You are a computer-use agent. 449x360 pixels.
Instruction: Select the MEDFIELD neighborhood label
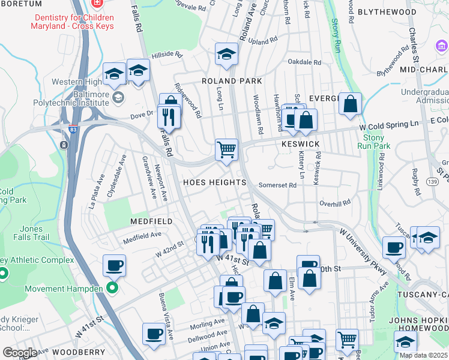pyautogui.click(x=152, y=221)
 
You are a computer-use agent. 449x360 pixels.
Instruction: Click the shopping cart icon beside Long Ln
pyautogui.click(x=226, y=149)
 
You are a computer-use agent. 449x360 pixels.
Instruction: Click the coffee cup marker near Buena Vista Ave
pyautogui.click(x=154, y=333)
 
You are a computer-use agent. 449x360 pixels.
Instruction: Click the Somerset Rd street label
pyautogui.click(x=277, y=185)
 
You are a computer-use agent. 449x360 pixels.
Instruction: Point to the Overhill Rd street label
pyautogui.click(x=334, y=203)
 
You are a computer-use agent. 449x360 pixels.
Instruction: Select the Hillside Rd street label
pyautogui.click(x=166, y=55)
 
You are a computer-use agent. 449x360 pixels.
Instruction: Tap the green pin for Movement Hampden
pyautogui.click(x=112, y=289)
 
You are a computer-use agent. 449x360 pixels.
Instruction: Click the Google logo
pyautogui.click(x=20, y=352)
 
